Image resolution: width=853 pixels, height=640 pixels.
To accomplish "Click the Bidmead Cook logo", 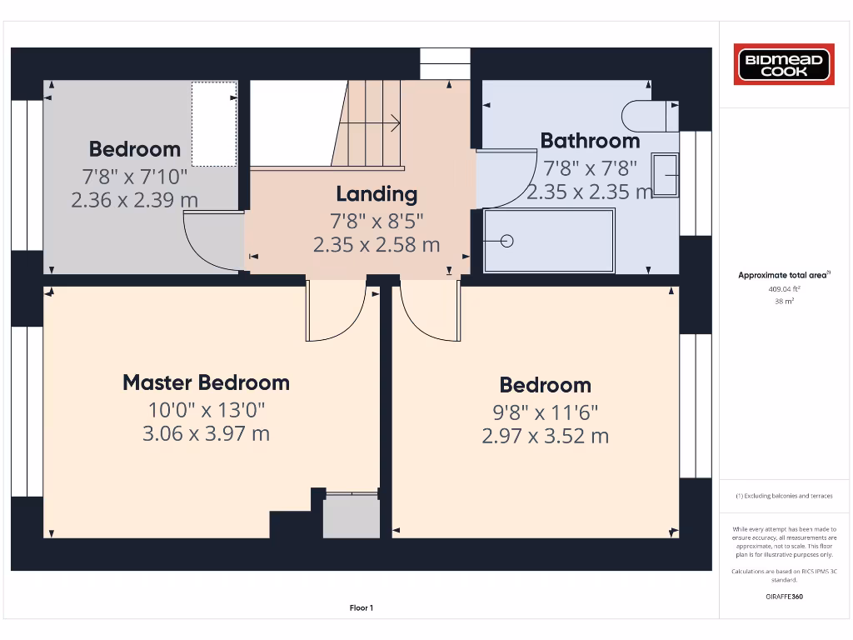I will point(783,65).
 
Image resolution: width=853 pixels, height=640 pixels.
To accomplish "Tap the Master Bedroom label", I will point(206,382).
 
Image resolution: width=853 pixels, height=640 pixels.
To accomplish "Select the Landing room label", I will point(377,194).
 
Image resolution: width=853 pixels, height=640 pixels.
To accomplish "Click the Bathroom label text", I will point(590,140).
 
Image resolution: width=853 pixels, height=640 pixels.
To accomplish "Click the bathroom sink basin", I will point(665,175).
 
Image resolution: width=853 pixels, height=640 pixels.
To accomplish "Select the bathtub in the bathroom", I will point(550,241).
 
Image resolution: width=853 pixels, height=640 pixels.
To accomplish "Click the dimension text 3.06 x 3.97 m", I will point(206,433).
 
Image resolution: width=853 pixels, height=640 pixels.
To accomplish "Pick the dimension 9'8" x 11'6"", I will point(545,412).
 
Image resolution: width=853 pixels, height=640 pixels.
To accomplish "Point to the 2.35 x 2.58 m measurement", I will point(377,245).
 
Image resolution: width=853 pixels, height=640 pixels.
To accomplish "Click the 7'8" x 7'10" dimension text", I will point(134,177).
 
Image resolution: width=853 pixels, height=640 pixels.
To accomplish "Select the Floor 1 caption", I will point(361,608).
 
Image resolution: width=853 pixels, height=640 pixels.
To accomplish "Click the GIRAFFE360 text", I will point(783,597).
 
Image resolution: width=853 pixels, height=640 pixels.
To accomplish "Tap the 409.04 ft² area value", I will point(783,288).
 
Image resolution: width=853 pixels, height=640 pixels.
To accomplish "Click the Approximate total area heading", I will point(783,275).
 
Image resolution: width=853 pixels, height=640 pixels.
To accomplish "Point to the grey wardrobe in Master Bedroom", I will point(351,517).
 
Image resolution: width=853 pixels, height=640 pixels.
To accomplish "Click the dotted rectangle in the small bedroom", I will point(214,123).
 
